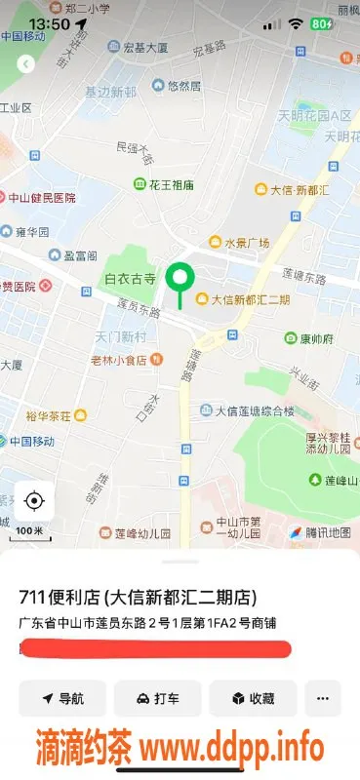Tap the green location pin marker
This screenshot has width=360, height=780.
180,279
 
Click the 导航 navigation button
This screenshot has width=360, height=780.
62,698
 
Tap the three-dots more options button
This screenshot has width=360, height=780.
323,698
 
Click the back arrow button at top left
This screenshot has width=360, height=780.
26,64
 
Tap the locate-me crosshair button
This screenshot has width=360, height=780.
34,501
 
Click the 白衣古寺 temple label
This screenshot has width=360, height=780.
131,280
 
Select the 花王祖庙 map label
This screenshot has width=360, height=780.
172,184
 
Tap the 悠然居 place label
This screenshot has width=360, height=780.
183,86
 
